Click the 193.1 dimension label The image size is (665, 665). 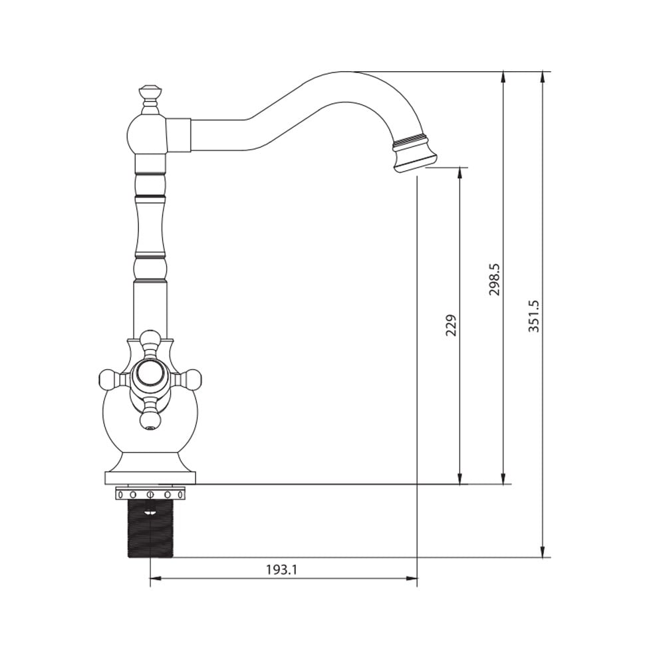281,569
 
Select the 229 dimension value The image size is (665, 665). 452,325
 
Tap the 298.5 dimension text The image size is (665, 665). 495,279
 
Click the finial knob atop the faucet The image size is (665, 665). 150,95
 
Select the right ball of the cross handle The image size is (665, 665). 192,378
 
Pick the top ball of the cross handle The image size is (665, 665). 150,339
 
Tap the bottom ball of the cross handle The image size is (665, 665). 150,419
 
